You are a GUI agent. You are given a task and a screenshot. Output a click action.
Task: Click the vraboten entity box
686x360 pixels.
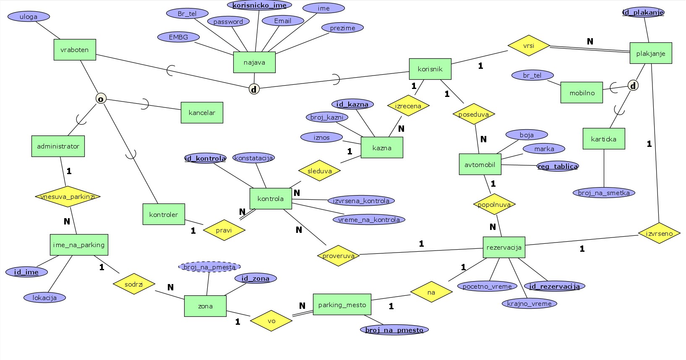click(75, 50)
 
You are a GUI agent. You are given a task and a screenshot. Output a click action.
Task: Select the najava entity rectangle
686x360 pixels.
click(254, 63)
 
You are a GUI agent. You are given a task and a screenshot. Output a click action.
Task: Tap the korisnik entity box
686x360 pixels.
click(430, 69)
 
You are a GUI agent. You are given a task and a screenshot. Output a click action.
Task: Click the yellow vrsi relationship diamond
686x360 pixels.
click(529, 45)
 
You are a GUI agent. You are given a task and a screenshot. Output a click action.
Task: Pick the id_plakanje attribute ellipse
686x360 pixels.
click(643, 12)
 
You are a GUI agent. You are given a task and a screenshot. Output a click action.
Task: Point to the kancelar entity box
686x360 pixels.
click(202, 112)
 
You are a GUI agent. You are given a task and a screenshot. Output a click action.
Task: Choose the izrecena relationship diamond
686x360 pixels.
click(408, 106)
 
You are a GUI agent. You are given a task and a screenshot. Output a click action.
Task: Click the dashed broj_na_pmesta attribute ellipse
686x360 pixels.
click(209, 267)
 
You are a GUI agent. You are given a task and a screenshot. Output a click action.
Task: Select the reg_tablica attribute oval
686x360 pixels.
click(558, 167)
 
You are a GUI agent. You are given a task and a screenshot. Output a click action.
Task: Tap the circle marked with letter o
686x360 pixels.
click(101, 99)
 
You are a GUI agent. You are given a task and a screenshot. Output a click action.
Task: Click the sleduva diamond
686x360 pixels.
click(319, 171)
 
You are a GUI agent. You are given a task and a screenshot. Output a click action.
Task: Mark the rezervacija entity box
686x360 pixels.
click(504, 247)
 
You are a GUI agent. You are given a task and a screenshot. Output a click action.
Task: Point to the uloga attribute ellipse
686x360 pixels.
click(29, 17)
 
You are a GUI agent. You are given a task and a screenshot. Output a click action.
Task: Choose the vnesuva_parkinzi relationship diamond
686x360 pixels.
click(68, 196)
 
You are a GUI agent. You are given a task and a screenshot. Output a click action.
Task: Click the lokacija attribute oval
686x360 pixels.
click(44, 297)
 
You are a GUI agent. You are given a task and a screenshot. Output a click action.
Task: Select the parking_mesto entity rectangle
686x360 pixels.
click(342, 305)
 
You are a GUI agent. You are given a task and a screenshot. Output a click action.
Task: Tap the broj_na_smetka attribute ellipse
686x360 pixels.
click(604, 193)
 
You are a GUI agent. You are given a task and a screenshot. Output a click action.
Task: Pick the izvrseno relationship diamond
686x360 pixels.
click(659, 233)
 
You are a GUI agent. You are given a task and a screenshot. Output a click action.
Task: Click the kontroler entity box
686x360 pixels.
click(164, 214)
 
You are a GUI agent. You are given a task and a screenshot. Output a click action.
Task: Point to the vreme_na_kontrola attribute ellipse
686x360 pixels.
click(369, 219)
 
